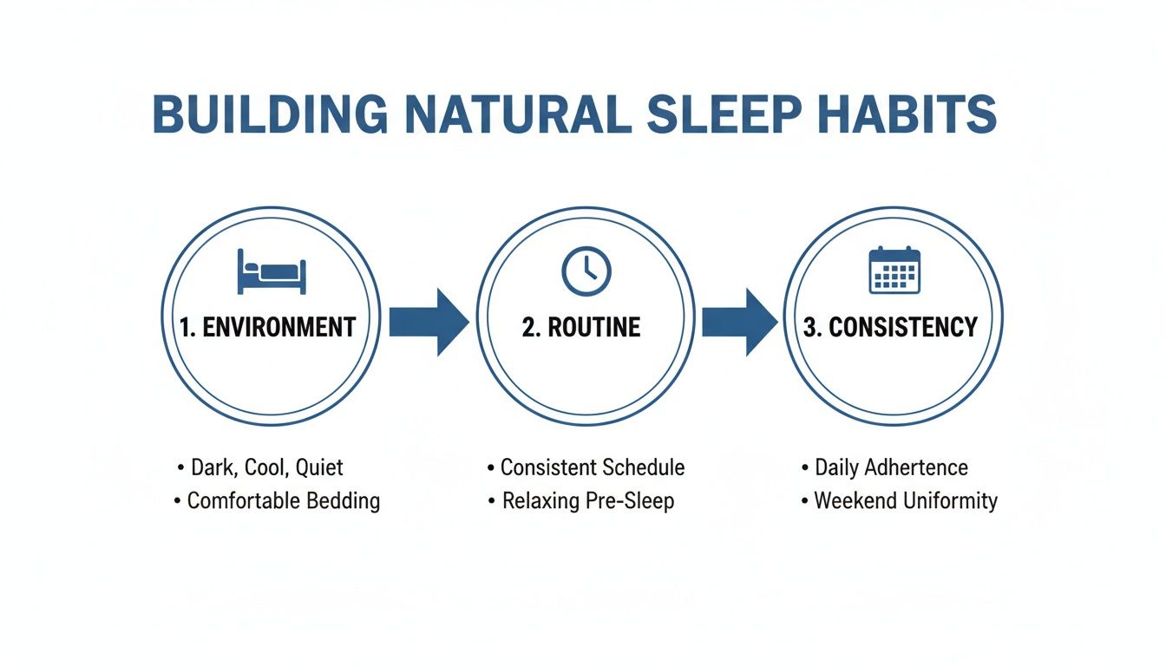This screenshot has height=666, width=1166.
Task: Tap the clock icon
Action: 586,271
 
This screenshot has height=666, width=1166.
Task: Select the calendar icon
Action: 894,271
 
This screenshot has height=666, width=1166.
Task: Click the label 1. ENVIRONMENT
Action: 268,327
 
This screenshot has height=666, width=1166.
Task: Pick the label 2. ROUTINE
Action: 581,327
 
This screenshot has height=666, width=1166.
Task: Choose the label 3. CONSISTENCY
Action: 890,327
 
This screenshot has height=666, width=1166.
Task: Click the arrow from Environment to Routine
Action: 428,322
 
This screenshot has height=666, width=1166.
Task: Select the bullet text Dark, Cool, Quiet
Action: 267,467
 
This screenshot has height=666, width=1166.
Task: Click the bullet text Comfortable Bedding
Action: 283,500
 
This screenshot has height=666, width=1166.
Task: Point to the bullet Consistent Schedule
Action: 592,467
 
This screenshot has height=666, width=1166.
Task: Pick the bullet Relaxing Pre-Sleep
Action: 587,500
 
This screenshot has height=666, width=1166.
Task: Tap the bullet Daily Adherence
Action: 891,467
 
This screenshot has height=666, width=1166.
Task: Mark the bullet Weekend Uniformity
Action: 905,500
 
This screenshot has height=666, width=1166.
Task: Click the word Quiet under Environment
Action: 319,467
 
